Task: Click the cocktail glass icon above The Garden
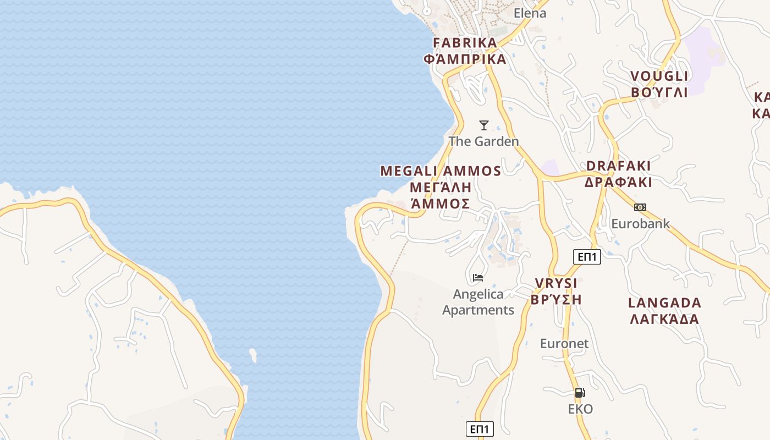484,125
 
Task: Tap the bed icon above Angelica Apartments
478,278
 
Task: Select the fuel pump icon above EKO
580,393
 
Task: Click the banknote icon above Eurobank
640,207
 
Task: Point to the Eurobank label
641,224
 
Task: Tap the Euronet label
564,344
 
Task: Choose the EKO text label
580,409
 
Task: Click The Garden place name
483,141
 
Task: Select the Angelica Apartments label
478,302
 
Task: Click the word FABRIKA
465,43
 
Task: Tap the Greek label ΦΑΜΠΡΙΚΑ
465,59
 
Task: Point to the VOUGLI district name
659,76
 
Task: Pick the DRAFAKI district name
618,166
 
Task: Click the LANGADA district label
664,303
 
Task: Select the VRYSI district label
556,284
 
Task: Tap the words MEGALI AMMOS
441,171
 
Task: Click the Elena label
530,13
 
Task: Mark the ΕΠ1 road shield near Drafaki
587,256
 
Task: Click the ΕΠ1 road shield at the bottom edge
480,429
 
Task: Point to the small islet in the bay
253,355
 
